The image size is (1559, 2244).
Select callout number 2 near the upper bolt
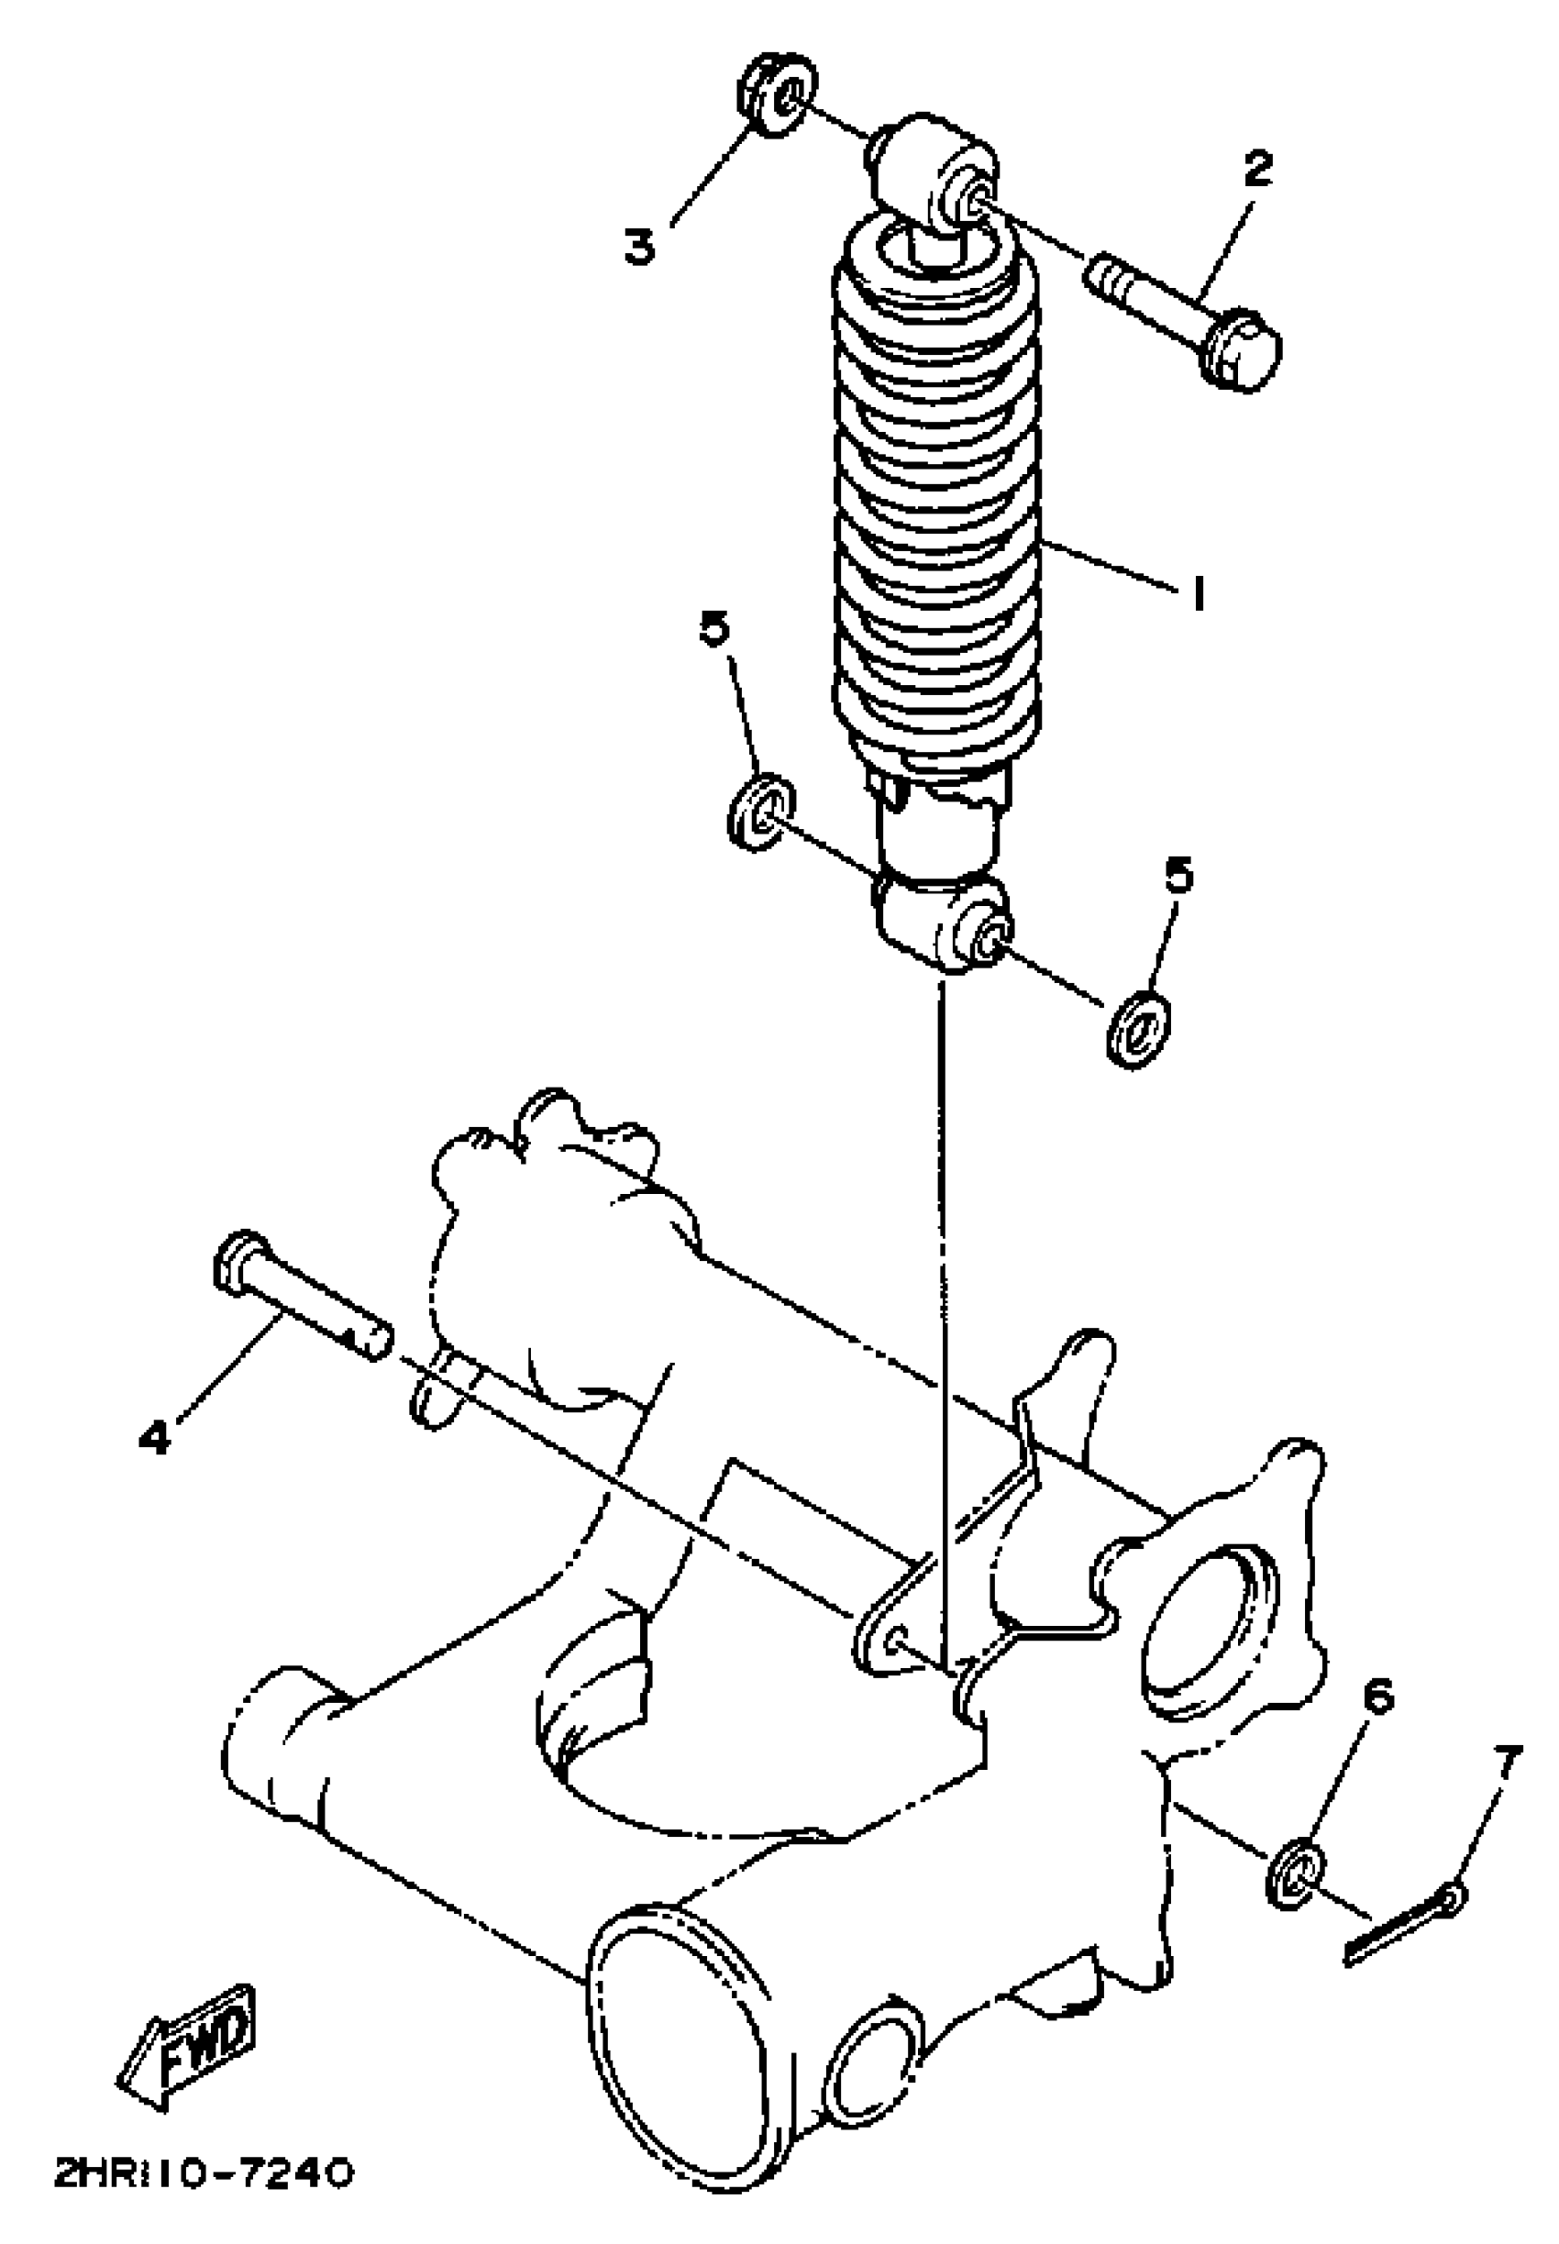[x=1257, y=168]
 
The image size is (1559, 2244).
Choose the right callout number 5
[x=1180, y=877]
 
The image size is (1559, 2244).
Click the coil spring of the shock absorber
[x=934, y=508]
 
